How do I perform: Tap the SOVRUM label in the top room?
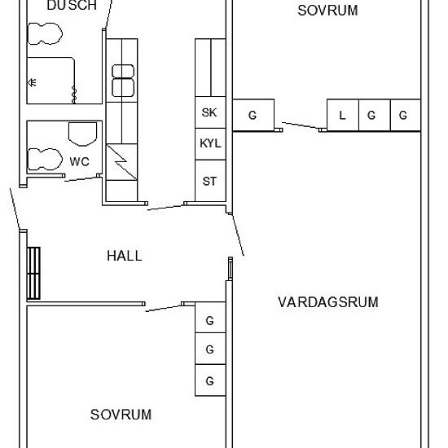coord(327,11)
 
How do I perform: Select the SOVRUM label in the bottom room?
coord(121,415)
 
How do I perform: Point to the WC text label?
coord(79,161)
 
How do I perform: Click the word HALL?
coord(124,256)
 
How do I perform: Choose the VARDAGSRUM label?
coord(327,302)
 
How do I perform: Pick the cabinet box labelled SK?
coord(209,113)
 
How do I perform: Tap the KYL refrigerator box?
coord(209,144)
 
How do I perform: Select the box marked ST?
coord(209,181)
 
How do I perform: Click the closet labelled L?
coord(342,115)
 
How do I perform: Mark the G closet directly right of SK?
coord(253,115)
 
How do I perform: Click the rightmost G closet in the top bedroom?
coord(403,115)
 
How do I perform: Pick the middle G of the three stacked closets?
coord(209,350)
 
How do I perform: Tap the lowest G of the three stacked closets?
coord(209,380)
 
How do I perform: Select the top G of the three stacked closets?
coord(209,321)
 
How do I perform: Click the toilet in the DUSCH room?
coord(45,33)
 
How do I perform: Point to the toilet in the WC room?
coord(45,158)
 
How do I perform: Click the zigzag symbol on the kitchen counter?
coord(121,162)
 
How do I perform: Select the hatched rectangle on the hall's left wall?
coord(33,274)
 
